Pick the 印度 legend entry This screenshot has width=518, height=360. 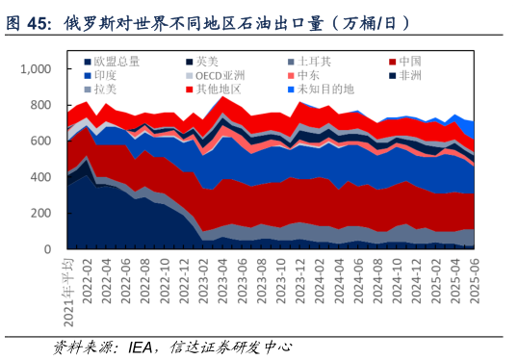pyautogui.click(x=105, y=75)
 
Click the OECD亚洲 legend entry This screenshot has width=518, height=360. pyautogui.click(x=218, y=75)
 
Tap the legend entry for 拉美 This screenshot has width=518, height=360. pyautogui.click(x=105, y=90)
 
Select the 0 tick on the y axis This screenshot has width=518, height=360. pyautogui.click(x=49, y=249)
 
